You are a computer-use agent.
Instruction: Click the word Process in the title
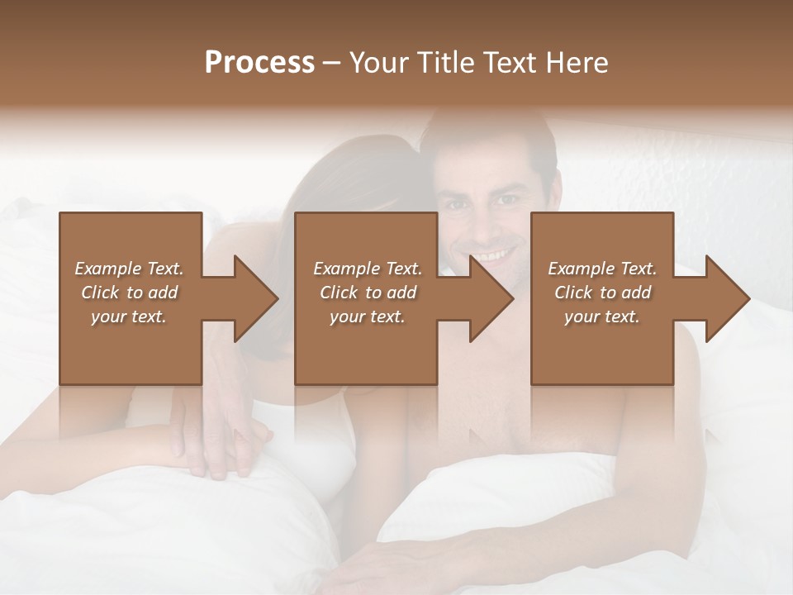coord(259,63)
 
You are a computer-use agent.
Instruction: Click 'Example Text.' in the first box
coord(129,269)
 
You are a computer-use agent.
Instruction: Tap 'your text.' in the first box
coord(129,317)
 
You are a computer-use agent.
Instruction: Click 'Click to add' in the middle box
coord(368,293)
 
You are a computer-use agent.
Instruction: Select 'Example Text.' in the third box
coord(602,269)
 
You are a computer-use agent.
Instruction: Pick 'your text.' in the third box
coord(602,317)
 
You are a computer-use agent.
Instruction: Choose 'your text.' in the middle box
coord(368,317)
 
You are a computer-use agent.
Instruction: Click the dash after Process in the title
coord(332,63)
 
